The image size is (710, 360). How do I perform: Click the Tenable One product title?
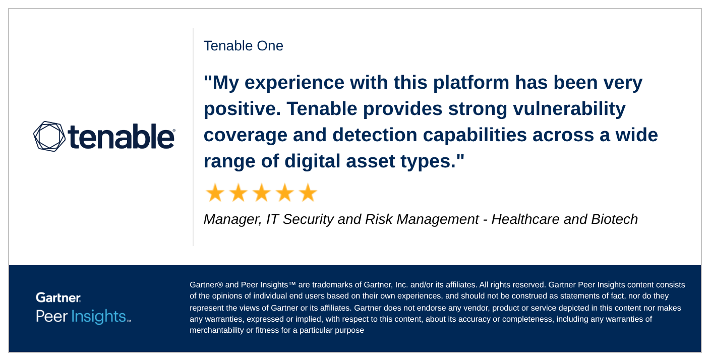[x=243, y=46]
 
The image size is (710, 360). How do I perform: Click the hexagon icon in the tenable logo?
[x=49, y=136]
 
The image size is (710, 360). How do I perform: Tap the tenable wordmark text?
[x=121, y=136]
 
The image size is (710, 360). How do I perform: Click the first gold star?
[x=215, y=193]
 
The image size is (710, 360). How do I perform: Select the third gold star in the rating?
[x=261, y=193]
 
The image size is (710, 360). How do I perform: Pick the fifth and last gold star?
[x=308, y=193]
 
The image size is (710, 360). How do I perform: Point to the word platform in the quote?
[x=463, y=83]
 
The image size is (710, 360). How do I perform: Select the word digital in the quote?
[x=313, y=161]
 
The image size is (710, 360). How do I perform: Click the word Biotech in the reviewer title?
[x=615, y=219]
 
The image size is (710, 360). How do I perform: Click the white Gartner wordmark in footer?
[x=58, y=297]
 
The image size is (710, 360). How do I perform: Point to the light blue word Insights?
[x=98, y=317]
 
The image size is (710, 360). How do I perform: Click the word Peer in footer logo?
[x=51, y=317]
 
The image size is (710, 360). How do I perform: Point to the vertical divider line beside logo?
[x=193, y=136]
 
